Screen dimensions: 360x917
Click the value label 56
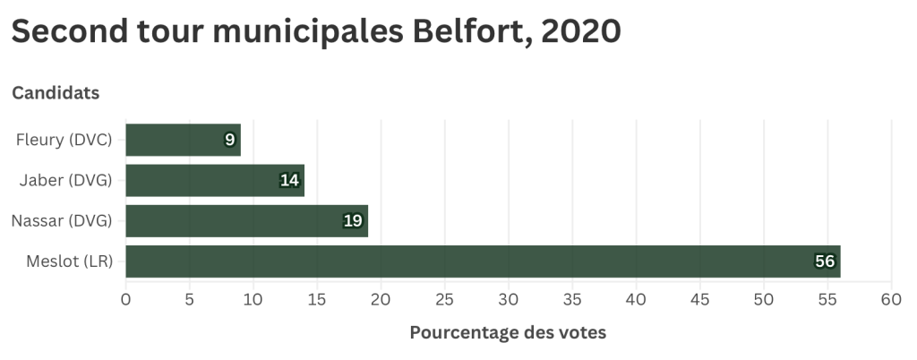[x=824, y=261]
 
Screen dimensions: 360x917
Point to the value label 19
[x=352, y=221]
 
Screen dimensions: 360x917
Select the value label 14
[x=288, y=181]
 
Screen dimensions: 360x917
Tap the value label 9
[x=229, y=140]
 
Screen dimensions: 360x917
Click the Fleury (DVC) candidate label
[x=64, y=140]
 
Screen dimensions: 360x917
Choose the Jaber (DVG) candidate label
[x=65, y=181]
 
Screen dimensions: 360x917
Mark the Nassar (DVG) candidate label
[x=61, y=221]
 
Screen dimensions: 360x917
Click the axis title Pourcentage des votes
[x=508, y=333]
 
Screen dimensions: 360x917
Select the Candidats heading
[x=56, y=92]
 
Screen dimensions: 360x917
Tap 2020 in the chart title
[x=580, y=32]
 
